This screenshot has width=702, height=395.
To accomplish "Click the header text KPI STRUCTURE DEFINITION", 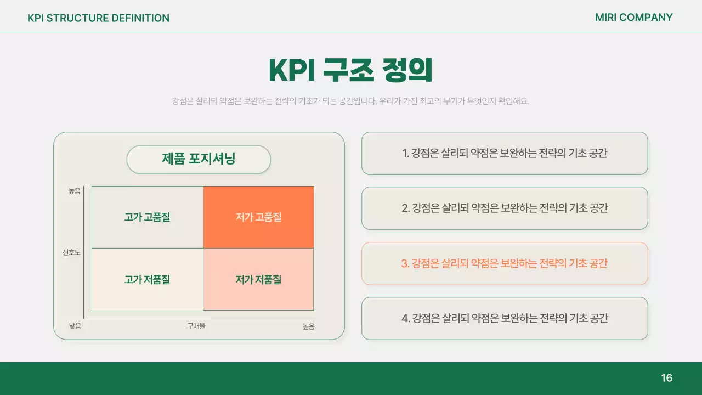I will pyautogui.click(x=98, y=18).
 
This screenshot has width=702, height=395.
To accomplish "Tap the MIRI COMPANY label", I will pyautogui.click(x=633, y=18).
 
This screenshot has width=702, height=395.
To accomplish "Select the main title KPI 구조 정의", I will pyautogui.click(x=350, y=70).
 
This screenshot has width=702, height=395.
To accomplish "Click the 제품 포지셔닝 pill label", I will pyautogui.click(x=199, y=159).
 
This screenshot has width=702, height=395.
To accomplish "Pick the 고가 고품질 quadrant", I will pyautogui.click(x=147, y=217).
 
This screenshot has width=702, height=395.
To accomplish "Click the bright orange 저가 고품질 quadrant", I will pyautogui.click(x=258, y=217).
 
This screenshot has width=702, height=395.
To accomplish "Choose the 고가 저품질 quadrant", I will pyautogui.click(x=147, y=280).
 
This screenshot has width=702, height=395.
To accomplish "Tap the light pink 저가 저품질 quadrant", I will pyautogui.click(x=258, y=280).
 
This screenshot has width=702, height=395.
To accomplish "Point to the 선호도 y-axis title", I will pyautogui.click(x=71, y=252).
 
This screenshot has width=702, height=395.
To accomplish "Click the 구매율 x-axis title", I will pyautogui.click(x=196, y=326).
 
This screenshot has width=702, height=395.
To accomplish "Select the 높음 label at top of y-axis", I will pyautogui.click(x=74, y=191).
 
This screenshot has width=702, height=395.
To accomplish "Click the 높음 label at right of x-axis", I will pyautogui.click(x=309, y=326).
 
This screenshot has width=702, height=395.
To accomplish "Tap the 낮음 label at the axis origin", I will pyautogui.click(x=75, y=326).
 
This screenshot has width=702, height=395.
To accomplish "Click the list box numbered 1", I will pyautogui.click(x=505, y=154).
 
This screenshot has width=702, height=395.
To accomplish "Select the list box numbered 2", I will pyautogui.click(x=505, y=208).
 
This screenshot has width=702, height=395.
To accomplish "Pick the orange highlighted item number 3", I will pyautogui.click(x=505, y=263).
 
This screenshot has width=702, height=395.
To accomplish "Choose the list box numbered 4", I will pyautogui.click(x=505, y=318).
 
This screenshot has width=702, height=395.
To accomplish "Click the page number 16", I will pyautogui.click(x=666, y=378).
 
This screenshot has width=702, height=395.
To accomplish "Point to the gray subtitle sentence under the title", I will pyautogui.click(x=350, y=101).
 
